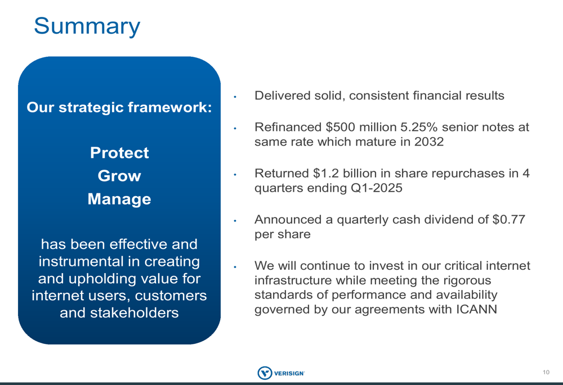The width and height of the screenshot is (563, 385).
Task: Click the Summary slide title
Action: (x=87, y=26)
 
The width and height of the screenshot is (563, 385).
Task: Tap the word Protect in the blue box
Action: (x=119, y=153)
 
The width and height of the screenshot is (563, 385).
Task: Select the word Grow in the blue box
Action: (x=119, y=176)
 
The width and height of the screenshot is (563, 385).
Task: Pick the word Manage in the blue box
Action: (x=119, y=200)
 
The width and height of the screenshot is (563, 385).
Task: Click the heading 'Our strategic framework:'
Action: (x=119, y=107)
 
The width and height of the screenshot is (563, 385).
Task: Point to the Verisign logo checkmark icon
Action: (x=265, y=373)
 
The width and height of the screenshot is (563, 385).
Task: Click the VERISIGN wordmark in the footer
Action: (x=289, y=373)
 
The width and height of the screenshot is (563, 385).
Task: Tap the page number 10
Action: (x=546, y=373)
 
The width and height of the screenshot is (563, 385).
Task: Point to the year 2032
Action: (x=429, y=142)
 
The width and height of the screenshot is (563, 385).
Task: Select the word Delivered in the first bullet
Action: (x=283, y=96)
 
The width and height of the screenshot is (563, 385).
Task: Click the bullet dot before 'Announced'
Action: (x=235, y=221)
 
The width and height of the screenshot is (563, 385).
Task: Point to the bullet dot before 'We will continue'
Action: (x=235, y=267)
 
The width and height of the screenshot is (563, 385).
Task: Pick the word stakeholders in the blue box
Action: (x=135, y=313)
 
